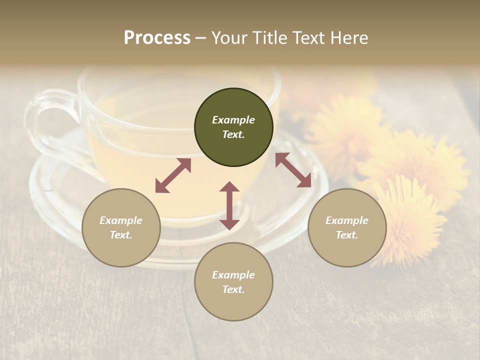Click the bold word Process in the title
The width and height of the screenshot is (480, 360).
pyautogui.click(x=157, y=38)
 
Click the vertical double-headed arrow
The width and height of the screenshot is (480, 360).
pyautogui.click(x=229, y=205)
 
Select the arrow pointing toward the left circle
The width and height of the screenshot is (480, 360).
pyautogui.click(x=173, y=175)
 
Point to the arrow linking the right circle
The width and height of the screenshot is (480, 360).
pyautogui.click(x=293, y=170)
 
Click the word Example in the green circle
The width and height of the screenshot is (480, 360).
pyautogui.click(x=233, y=120)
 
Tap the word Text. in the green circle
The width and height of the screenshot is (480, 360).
pyautogui.click(x=233, y=134)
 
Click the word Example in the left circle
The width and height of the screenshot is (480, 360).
pyautogui.click(x=121, y=220)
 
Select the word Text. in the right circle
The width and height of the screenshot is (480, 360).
pyautogui.click(x=347, y=235)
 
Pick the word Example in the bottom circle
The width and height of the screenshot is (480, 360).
pyautogui.click(x=233, y=275)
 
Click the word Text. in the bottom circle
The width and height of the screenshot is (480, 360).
pyautogui.click(x=233, y=289)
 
